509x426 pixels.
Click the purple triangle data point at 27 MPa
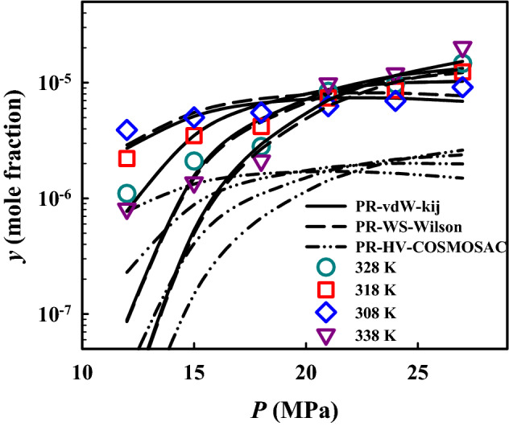tap(462, 50)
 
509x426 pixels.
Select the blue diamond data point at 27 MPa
tap(462, 87)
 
